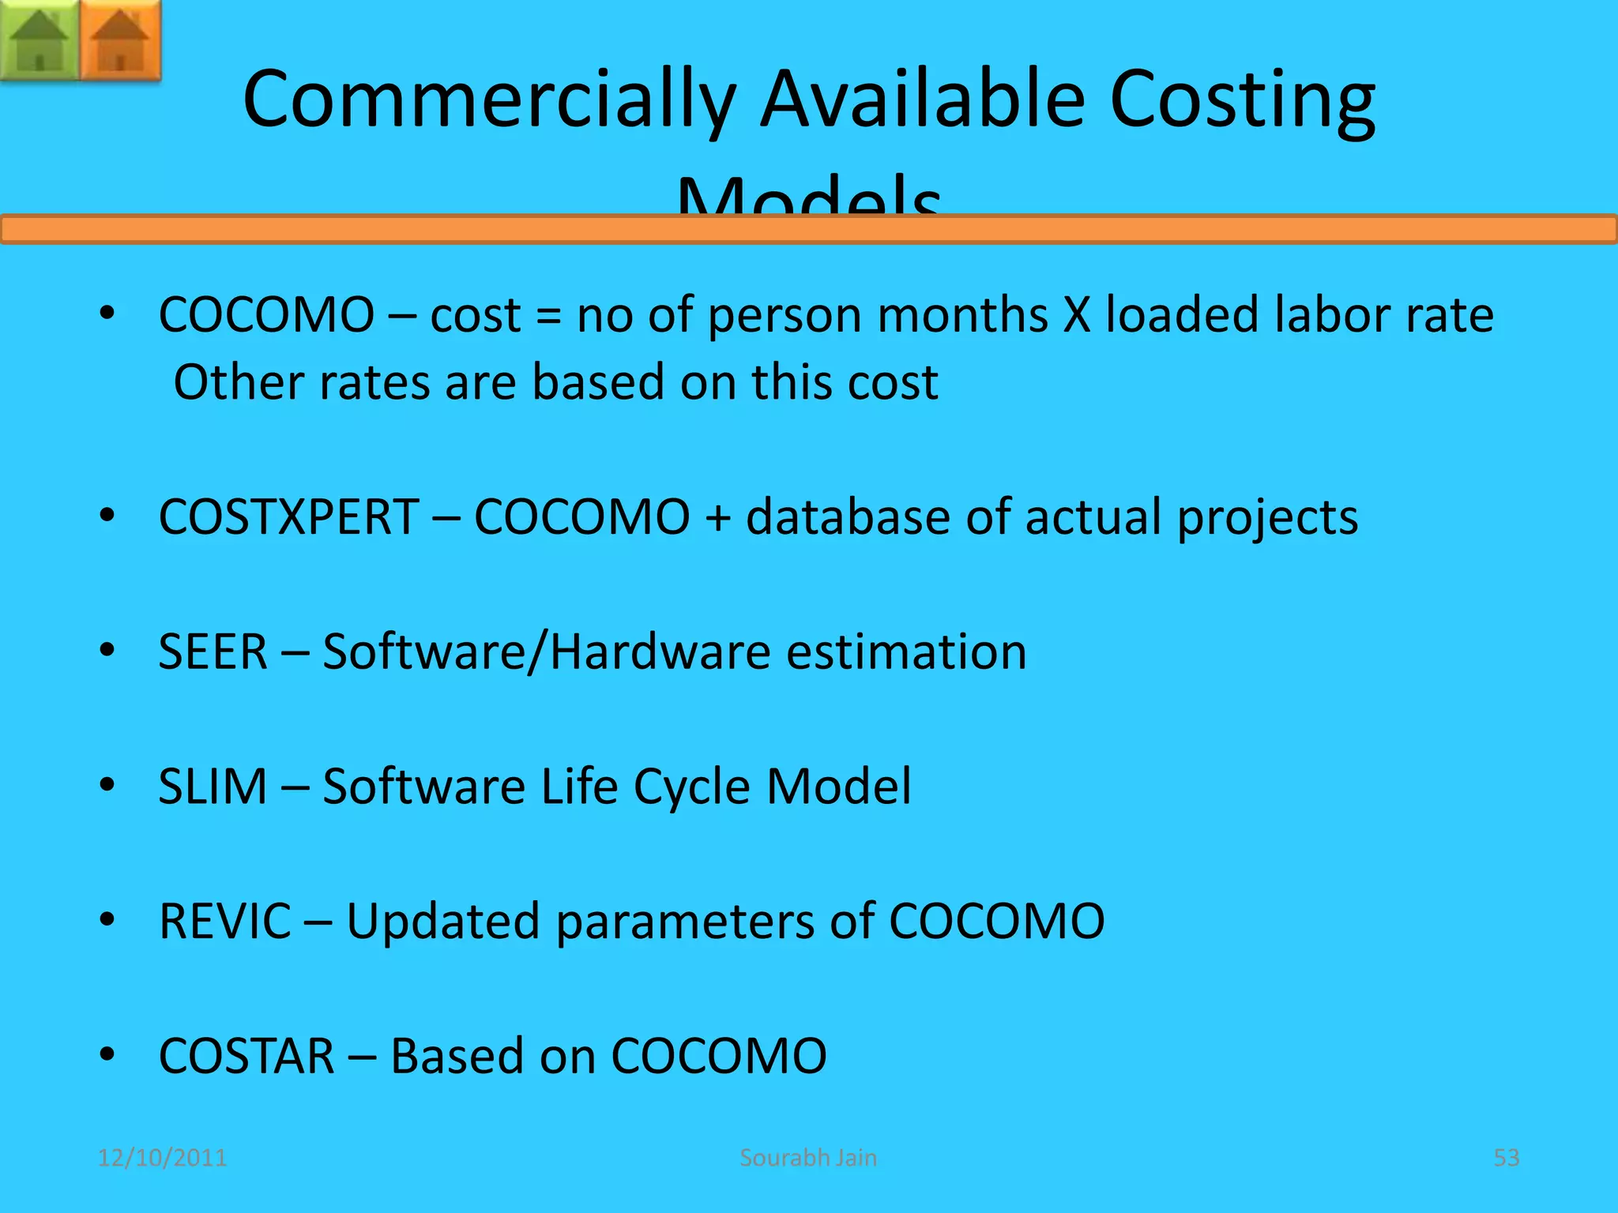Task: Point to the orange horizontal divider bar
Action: coord(809,230)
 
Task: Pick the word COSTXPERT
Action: coord(288,517)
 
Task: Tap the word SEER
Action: coord(213,652)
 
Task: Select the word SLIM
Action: coord(213,787)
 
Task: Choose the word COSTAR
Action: coord(246,1057)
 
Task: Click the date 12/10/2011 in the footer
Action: coord(162,1158)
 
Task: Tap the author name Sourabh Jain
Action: coord(808,1158)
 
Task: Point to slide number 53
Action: coord(1506,1158)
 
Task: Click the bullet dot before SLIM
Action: coord(107,785)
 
